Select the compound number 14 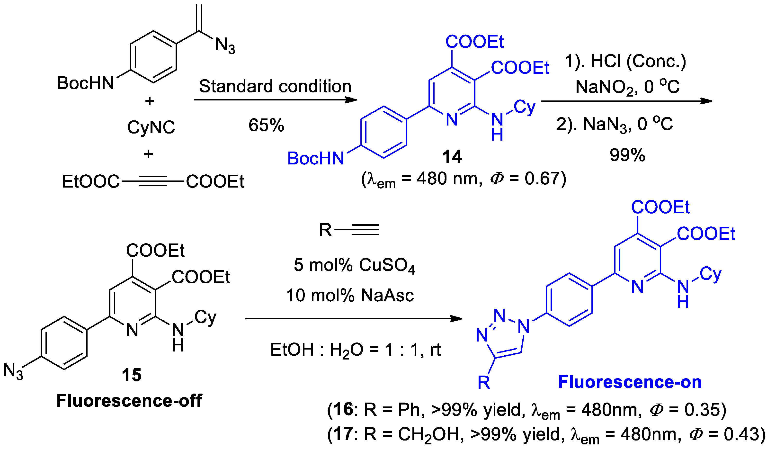point(452,157)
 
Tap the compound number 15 point(132,375)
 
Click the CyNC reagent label point(151,127)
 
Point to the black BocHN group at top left point(85,83)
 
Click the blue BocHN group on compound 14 point(316,159)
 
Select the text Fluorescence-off point(129,401)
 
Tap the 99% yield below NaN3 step point(627,155)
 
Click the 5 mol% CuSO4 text point(354,265)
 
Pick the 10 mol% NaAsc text point(350,295)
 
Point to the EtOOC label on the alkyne point(90,182)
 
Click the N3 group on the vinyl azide point(225,46)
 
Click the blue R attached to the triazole point(484,383)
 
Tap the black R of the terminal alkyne point(325,230)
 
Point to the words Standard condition point(275,86)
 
